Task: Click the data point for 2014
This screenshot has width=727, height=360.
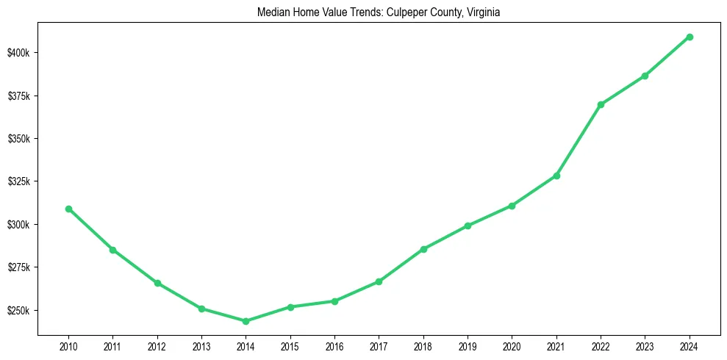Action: coord(246,321)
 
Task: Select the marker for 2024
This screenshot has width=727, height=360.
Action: coord(690,37)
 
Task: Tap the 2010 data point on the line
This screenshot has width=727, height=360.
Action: coord(68,209)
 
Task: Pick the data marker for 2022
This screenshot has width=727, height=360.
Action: coord(601,104)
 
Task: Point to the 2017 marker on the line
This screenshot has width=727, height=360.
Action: coord(379,281)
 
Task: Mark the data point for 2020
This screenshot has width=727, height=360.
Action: coord(512,206)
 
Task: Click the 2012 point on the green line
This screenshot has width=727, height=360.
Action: coord(157,283)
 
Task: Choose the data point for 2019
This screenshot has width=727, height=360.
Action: coord(468,226)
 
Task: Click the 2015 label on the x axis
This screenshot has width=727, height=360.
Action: coord(290,347)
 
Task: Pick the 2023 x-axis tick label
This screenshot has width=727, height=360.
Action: coord(645,347)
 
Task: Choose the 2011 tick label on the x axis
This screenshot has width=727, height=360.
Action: coord(112,347)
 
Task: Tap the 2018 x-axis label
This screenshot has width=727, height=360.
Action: coord(423,347)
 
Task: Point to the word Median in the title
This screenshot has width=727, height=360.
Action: coord(272,12)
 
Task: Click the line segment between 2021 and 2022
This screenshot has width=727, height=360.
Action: coord(579,140)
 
